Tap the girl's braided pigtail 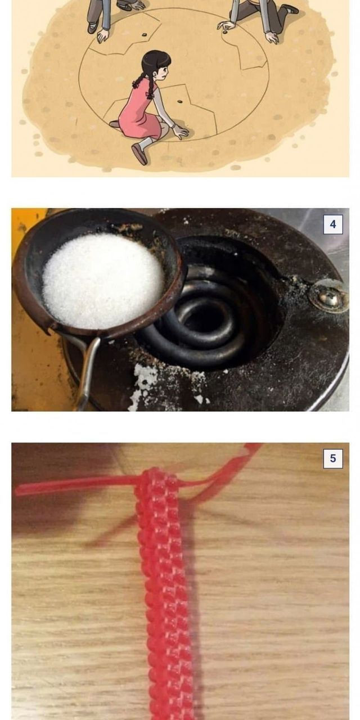point(139,80)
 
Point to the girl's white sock point(146,142)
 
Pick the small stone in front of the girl point(179,102)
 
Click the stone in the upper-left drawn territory point(145,34)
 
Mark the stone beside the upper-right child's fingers point(226,32)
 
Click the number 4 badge point(333,224)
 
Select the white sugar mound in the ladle point(103,280)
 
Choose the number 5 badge point(333,458)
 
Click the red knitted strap point(167,595)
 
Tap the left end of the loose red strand point(17,490)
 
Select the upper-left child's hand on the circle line point(103,35)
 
